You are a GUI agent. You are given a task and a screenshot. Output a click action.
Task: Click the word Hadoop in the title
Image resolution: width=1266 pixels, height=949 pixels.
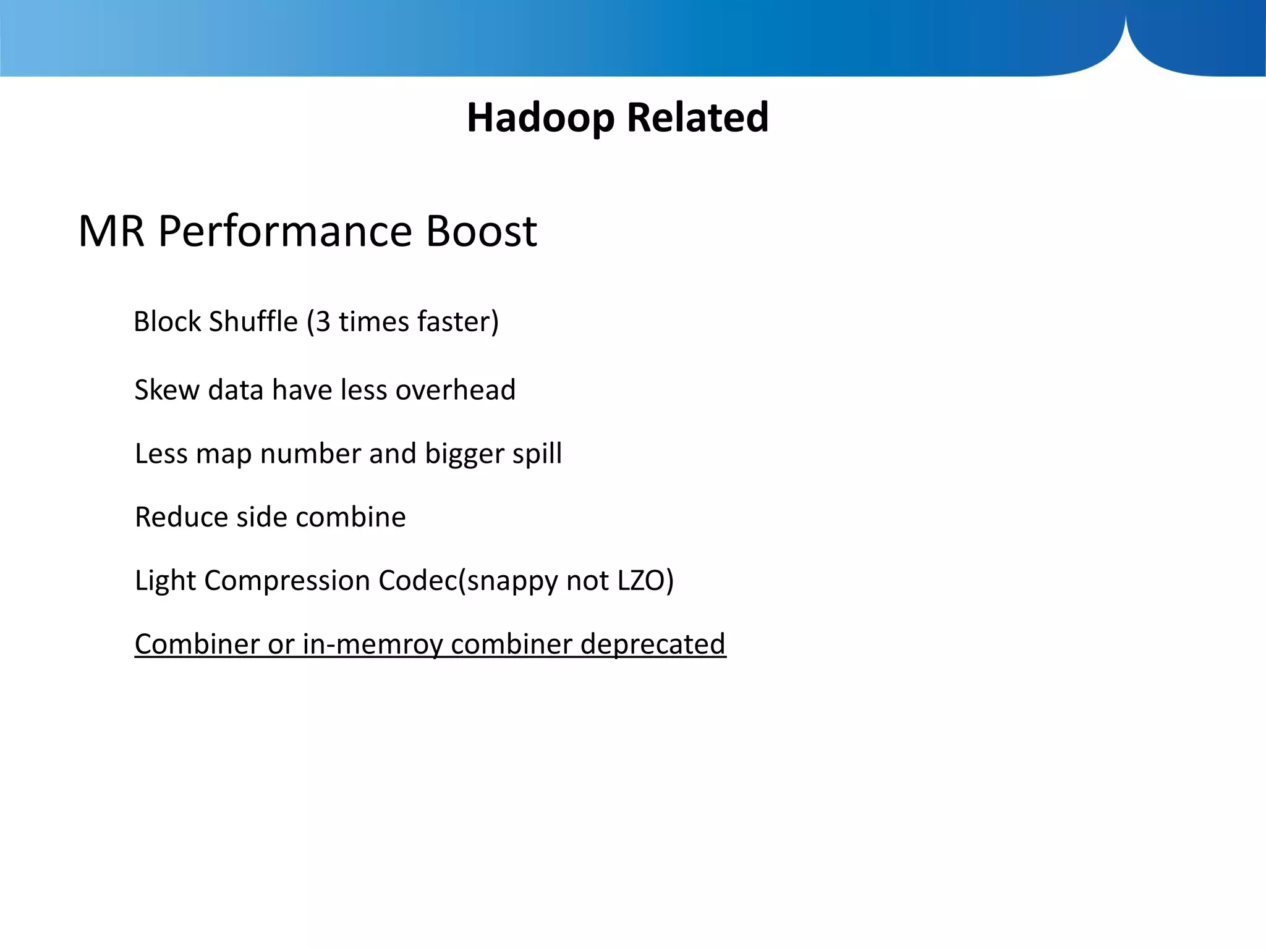[x=540, y=117]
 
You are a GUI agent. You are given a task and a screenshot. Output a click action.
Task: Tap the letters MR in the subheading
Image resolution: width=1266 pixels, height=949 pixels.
[x=111, y=231]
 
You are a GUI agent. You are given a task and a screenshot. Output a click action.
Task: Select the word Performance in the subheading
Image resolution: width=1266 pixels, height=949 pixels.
[x=285, y=231]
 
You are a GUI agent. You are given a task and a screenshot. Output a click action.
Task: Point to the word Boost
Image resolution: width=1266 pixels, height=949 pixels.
[x=481, y=231]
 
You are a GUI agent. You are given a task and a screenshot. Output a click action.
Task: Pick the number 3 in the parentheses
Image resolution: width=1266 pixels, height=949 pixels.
[x=323, y=322]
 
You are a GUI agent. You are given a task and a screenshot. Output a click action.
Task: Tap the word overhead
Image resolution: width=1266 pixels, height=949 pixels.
[x=455, y=390]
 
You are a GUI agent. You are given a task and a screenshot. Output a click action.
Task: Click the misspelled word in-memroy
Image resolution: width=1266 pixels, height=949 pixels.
[x=372, y=644]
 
